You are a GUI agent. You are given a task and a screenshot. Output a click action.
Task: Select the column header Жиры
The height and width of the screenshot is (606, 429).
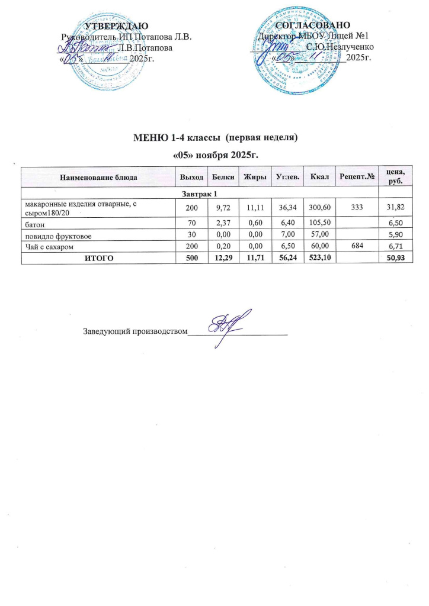(254, 178)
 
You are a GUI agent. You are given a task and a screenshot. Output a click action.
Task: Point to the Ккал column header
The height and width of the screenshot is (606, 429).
(312, 178)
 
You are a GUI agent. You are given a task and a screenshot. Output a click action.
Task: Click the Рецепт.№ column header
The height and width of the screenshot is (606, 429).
(357, 178)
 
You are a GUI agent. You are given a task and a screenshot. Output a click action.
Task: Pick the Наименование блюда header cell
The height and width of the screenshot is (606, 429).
(97, 178)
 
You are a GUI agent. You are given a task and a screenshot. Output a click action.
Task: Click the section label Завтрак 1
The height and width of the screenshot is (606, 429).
(199, 195)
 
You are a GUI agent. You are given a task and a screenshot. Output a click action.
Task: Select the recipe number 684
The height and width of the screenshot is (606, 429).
(357, 246)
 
